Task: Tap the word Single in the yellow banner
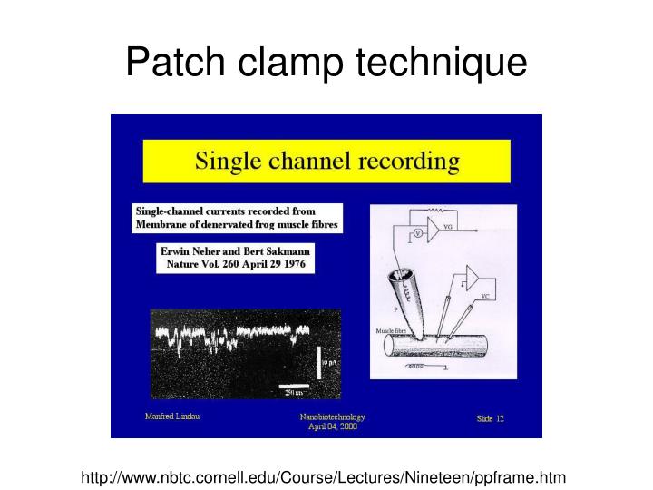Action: click(229, 163)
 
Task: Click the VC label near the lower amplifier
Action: click(487, 295)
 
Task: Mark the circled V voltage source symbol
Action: click(419, 232)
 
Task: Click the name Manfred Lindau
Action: click(172, 416)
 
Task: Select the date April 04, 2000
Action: click(333, 426)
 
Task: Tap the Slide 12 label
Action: click(491, 418)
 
